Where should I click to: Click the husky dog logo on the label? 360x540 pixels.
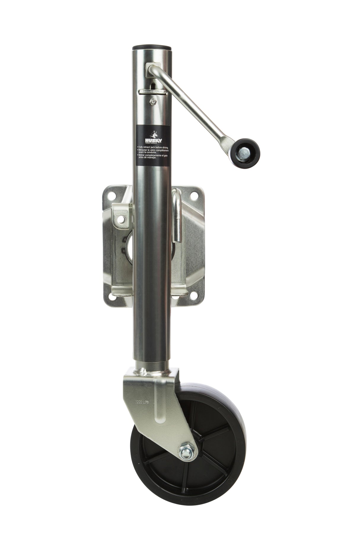(153, 133)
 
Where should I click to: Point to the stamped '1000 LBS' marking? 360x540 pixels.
(141, 402)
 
